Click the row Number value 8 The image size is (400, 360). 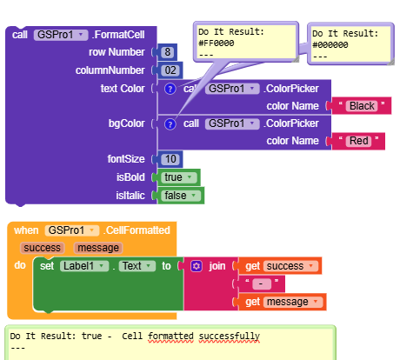[x=167, y=52]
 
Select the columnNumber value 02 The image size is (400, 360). [x=170, y=70]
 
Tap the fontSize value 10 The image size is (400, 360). [x=170, y=159]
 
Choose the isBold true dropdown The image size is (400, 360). [x=178, y=177]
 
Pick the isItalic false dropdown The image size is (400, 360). [x=181, y=196]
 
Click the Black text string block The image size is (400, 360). [x=362, y=106]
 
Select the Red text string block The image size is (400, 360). [x=358, y=141]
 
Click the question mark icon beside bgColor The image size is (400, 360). [x=170, y=124]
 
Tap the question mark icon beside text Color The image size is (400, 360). [x=170, y=89]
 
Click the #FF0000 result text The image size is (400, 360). [x=217, y=43]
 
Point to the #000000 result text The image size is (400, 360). [x=330, y=45]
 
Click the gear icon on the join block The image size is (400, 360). [x=197, y=266]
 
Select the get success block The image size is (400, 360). [x=280, y=266]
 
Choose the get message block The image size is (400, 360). [x=283, y=302]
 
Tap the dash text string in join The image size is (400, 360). [x=262, y=283]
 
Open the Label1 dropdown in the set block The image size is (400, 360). [x=84, y=266]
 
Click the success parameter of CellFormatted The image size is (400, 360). [x=42, y=248]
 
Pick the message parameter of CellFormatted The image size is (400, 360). [x=98, y=248]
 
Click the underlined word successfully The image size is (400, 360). [x=230, y=337]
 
